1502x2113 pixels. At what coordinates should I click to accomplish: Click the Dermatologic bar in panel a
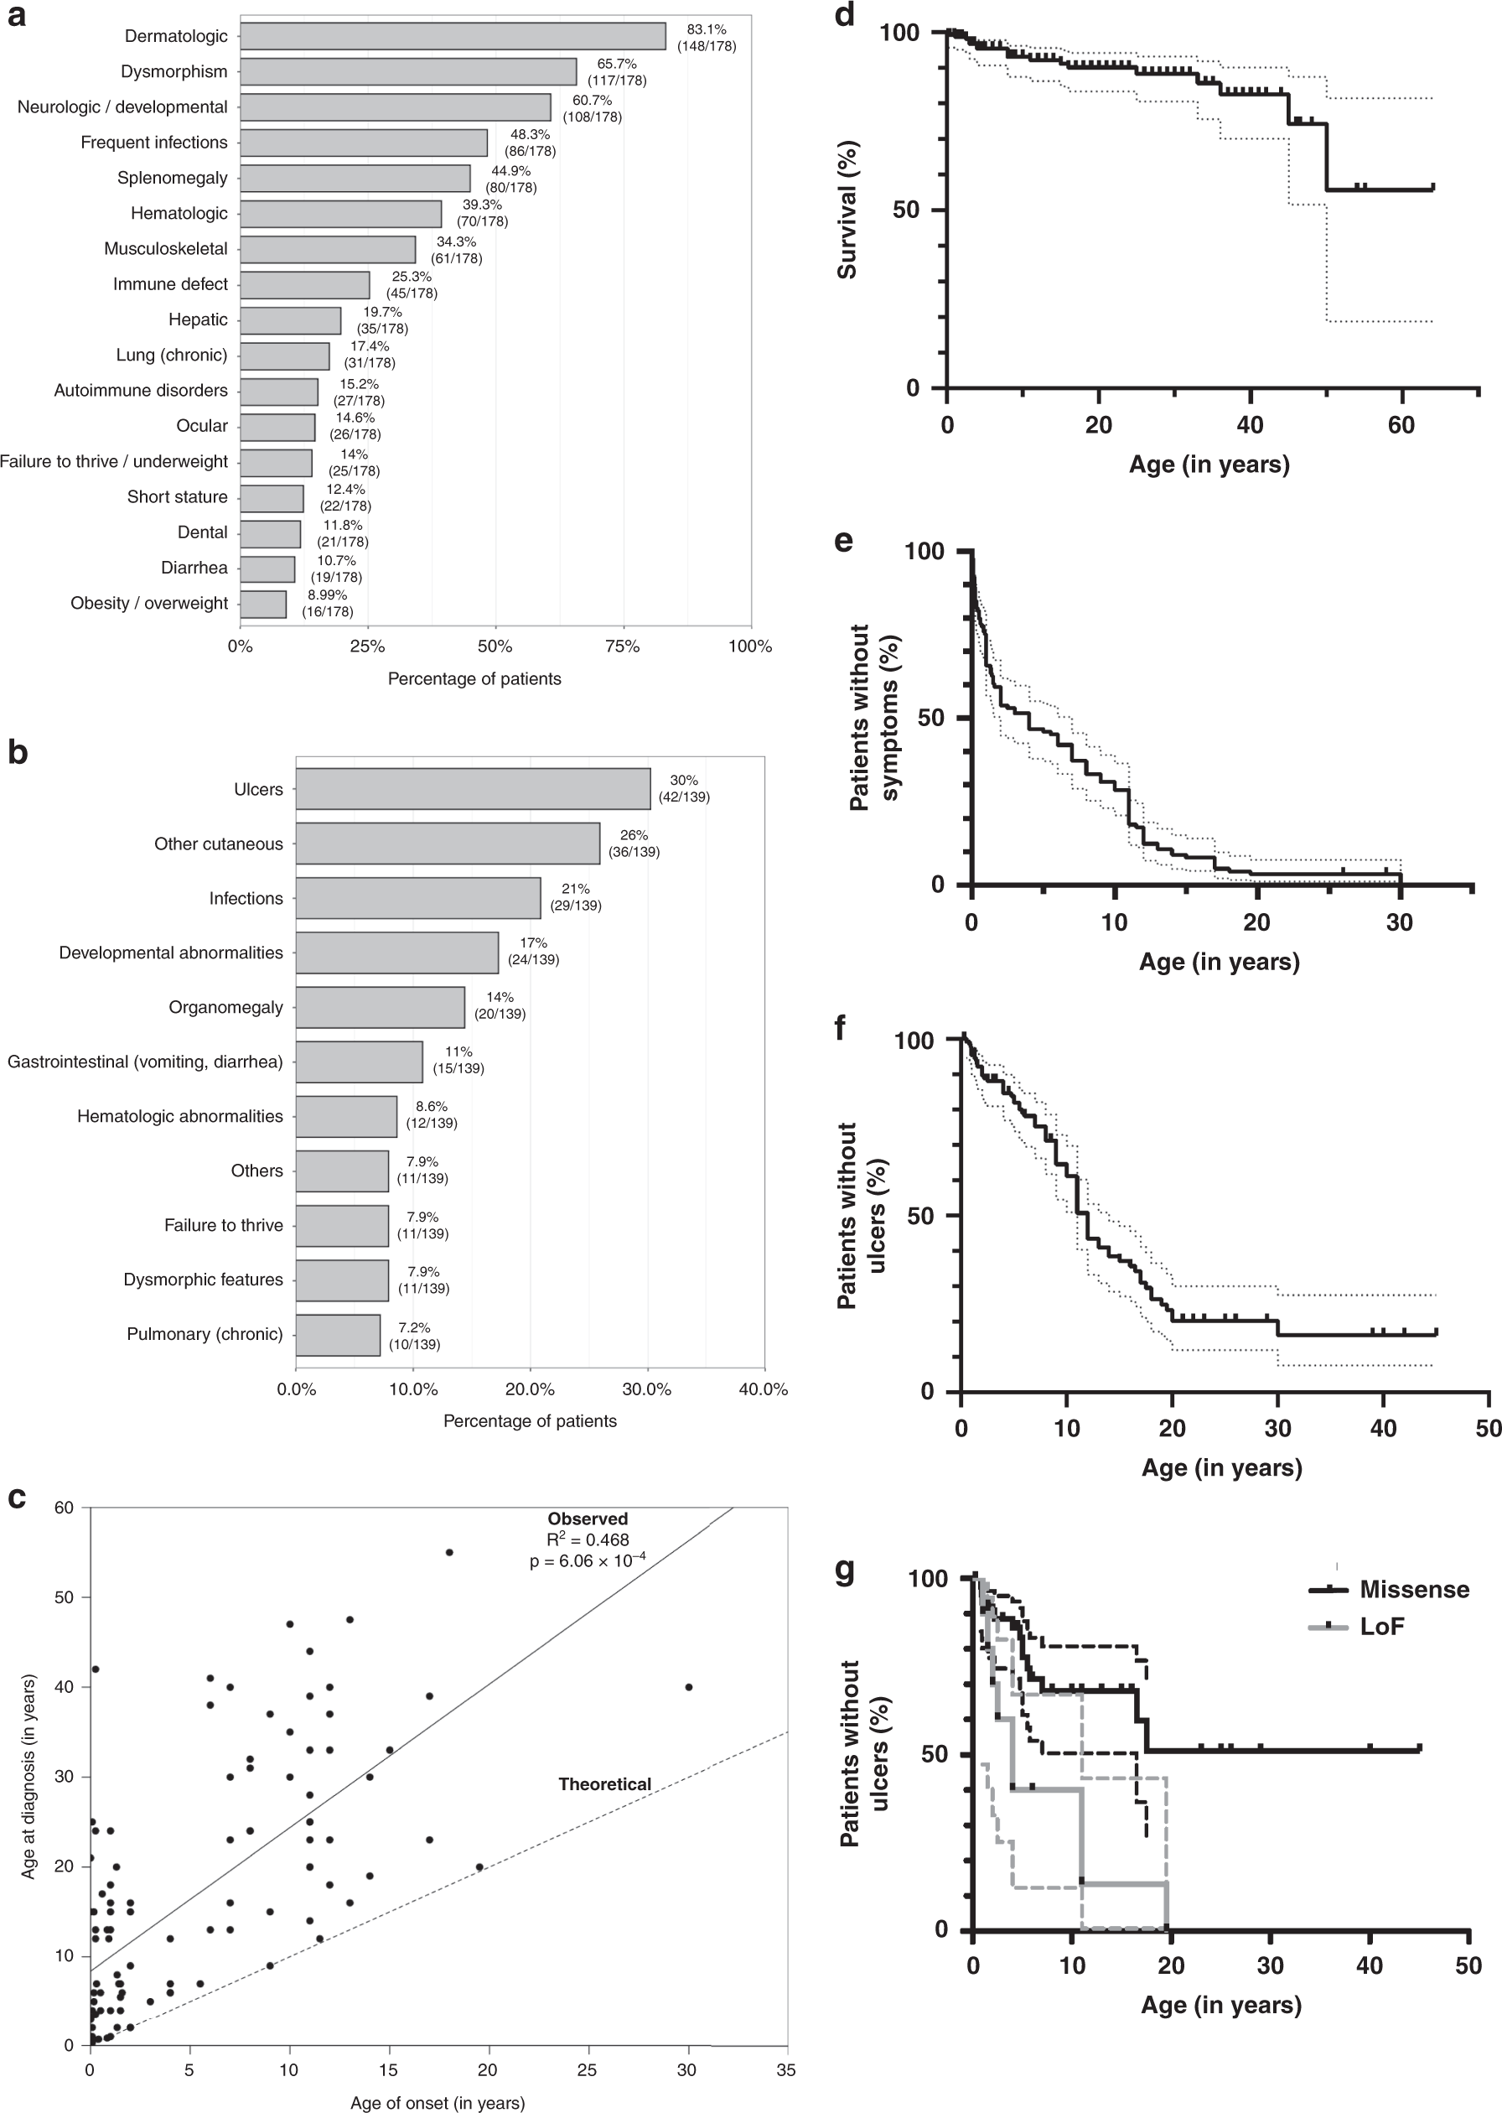[453, 36]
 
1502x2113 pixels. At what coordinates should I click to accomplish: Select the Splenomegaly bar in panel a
[355, 178]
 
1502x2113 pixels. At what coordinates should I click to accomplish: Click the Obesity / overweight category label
[149, 603]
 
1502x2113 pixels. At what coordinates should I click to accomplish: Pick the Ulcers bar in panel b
[473, 789]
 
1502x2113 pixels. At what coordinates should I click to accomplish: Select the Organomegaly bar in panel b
[381, 1008]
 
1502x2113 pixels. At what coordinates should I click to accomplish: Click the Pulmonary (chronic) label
[205, 1334]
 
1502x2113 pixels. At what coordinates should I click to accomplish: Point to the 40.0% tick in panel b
[764, 1389]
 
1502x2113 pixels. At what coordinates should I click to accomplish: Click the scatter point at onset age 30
[688, 1687]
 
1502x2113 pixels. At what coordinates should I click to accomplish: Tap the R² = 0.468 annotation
[588, 1539]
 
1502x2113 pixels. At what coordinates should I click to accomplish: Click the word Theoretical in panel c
[605, 1784]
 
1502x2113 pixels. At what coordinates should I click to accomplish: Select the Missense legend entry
[1413, 1590]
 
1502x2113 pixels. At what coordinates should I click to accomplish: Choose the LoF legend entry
[1382, 1626]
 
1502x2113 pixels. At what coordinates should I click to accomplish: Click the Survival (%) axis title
[847, 209]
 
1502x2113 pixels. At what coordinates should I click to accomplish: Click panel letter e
[842, 540]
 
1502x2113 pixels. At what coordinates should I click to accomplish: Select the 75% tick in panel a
[623, 646]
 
